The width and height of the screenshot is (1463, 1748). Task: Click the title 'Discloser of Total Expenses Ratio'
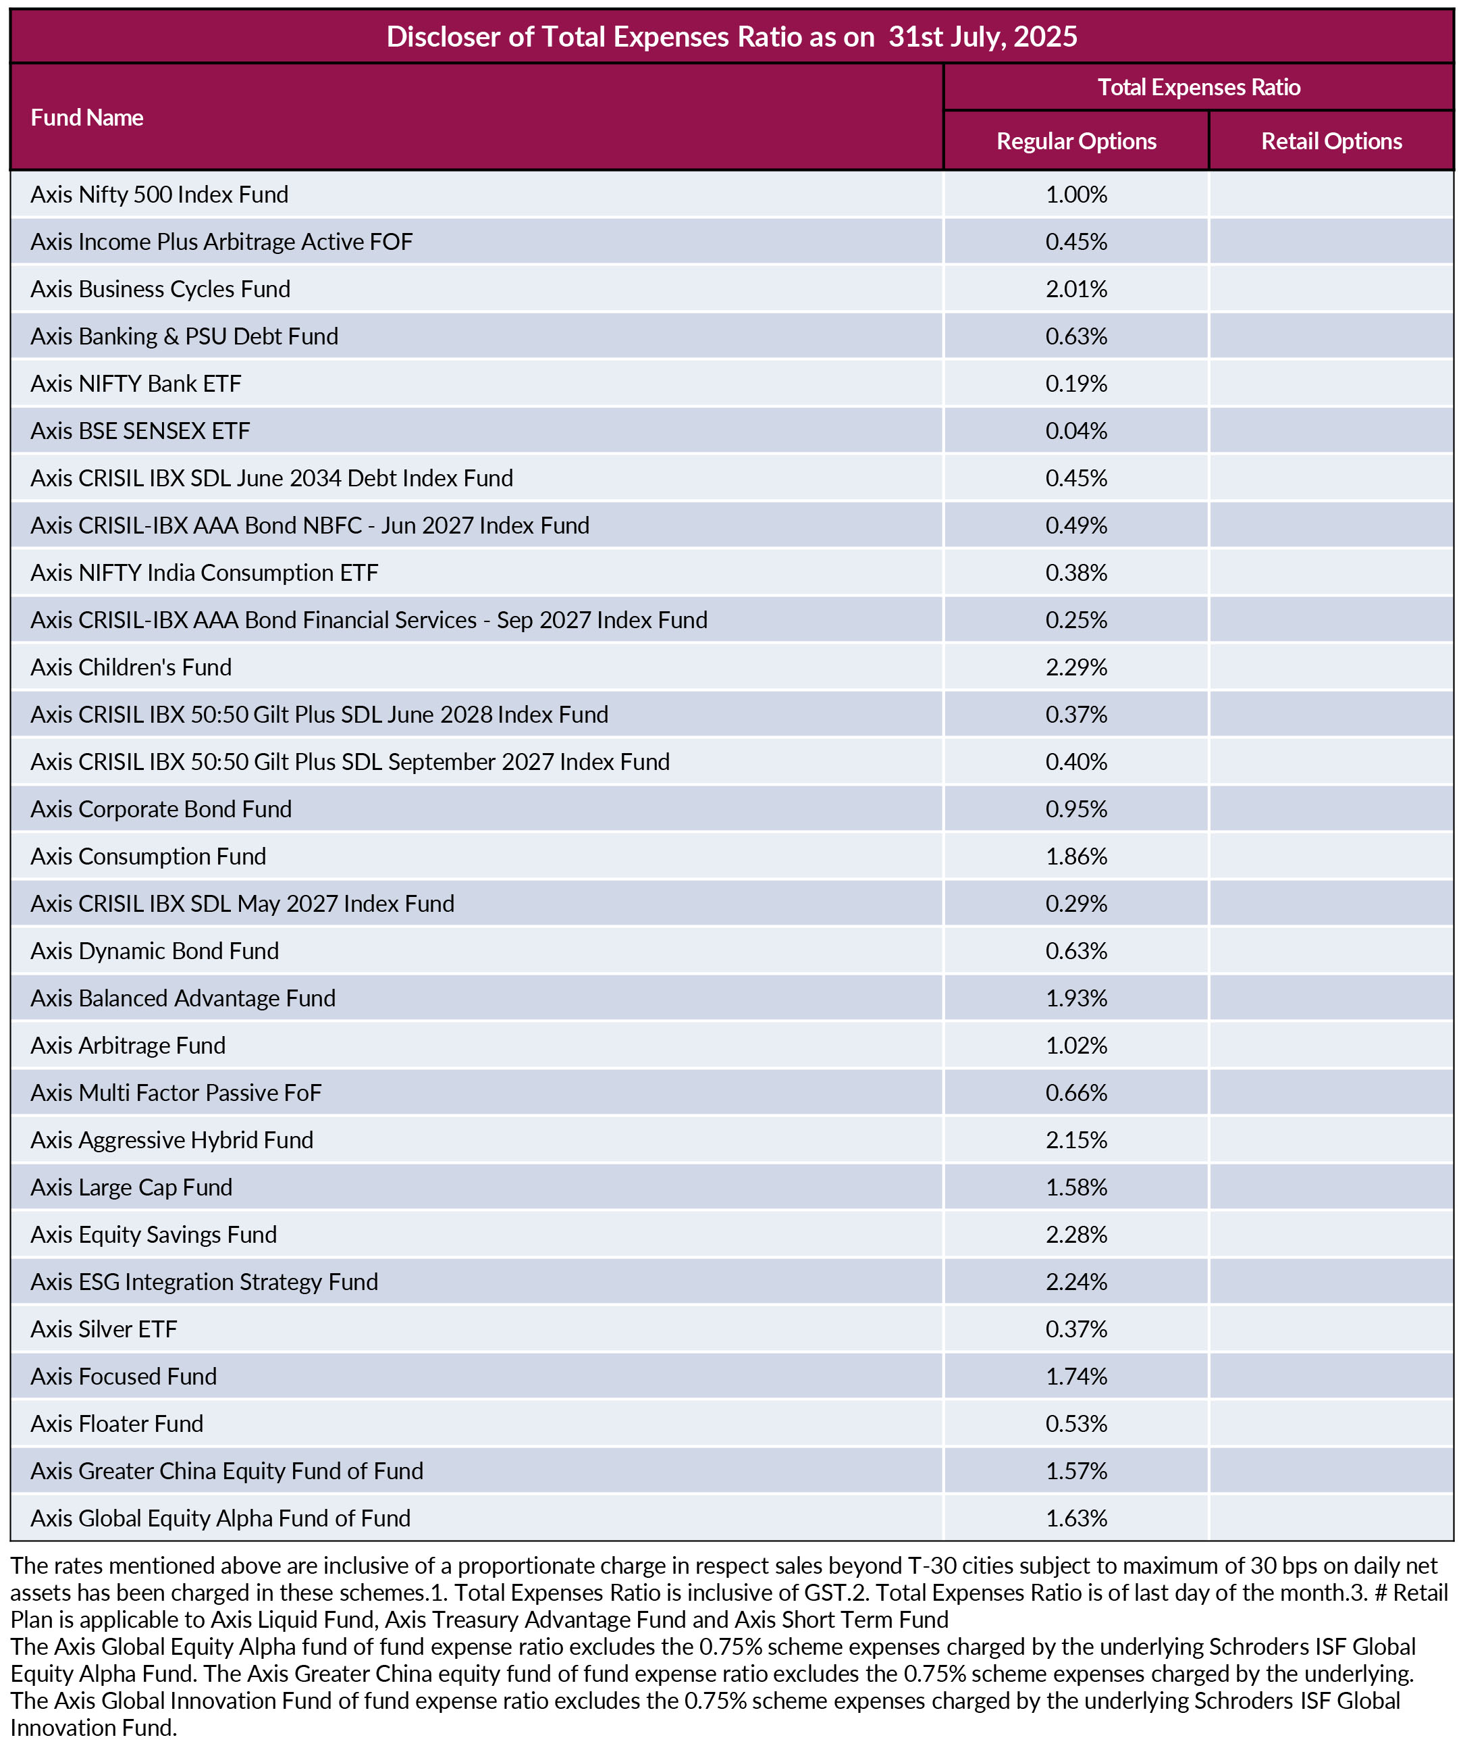(x=630, y=36)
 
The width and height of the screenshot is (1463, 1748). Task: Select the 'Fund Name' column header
(x=86, y=118)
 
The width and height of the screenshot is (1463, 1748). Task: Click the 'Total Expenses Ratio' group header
(x=1198, y=87)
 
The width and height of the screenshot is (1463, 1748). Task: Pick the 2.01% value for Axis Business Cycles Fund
(x=1076, y=289)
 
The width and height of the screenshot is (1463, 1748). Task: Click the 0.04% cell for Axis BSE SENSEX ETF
(x=1076, y=431)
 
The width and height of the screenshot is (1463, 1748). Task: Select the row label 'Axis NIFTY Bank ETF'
(x=136, y=384)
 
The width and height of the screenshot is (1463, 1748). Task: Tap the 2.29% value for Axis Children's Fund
(x=1076, y=667)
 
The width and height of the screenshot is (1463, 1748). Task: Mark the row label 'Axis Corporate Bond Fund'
(x=161, y=809)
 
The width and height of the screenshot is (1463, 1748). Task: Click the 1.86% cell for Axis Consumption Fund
(x=1076, y=856)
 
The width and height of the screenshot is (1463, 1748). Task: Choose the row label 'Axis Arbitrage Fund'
(x=128, y=1046)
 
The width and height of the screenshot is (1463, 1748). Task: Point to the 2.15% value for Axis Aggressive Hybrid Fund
(x=1076, y=1140)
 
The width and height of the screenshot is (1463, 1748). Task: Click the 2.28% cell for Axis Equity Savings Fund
(x=1076, y=1235)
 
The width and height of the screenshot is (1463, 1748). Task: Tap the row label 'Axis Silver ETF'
(x=103, y=1329)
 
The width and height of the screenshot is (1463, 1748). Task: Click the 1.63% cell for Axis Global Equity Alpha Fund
(x=1076, y=1518)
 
